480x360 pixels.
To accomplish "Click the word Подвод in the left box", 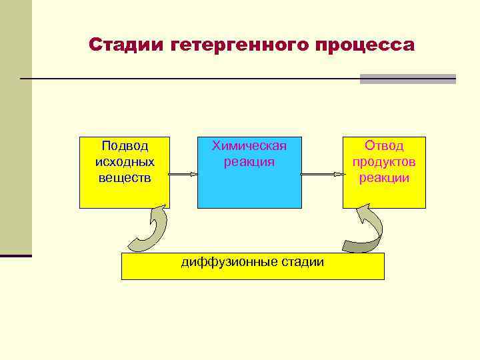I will tap(125, 145).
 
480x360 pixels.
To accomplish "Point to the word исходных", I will tap(125, 161).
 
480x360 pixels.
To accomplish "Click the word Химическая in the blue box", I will tap(249, 145).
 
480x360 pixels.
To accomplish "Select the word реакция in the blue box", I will tap(249, 161).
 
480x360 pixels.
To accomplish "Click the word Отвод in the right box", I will tap(384, 145).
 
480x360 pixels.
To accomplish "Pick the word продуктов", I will tap(384, 161).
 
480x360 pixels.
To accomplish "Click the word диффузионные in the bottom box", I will tap(222, 261).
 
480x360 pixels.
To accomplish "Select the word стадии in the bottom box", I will tap(303, 261).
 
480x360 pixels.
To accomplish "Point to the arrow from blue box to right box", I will tap(322, 175).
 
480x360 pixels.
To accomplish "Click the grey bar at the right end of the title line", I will tap(407, 79).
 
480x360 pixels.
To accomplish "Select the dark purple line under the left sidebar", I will tap(16, 255).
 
